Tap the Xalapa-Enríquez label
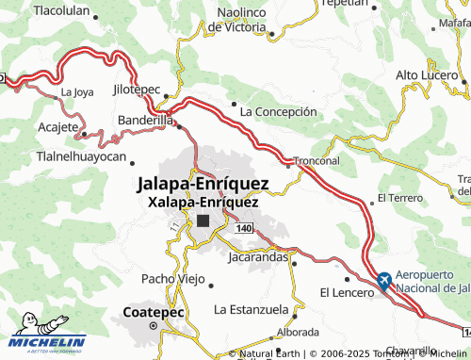click(x=203, y=201)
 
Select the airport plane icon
click(x=383, y=280)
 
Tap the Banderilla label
click(x=145, y=121)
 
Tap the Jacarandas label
click(x=257, y=255)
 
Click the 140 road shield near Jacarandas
click(x=245, y=229)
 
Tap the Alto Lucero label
click(x=427, y=74)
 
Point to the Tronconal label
click(x=317, y=160)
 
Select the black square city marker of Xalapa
click(x=204, y=221)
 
